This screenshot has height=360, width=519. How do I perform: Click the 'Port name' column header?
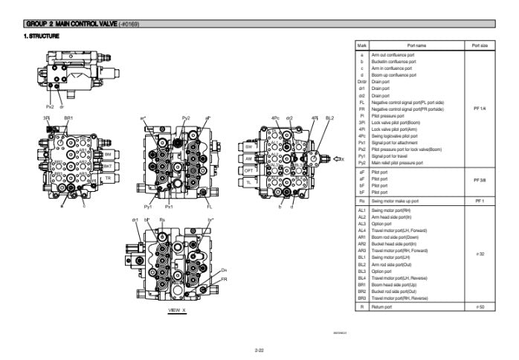pyautogui.click(x=416, y=45)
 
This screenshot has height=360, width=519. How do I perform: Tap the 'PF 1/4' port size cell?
pyautogui.click(x=480, y=109)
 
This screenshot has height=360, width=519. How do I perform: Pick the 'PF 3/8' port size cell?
pyautogui.click(x=480, y=181)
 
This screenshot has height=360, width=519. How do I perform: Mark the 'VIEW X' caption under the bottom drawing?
pyautogui.click(x=177, y=309)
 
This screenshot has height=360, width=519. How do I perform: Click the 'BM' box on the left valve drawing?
pyautogui.click(x=109, y=154)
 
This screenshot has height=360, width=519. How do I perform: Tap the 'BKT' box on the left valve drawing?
pyautogui.click(x=109, y=166)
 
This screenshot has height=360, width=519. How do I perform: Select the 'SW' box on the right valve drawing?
pyautogui.click(x=249, y=147)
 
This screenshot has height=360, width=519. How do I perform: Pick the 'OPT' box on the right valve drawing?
pyautogui.click(x=250, y=170)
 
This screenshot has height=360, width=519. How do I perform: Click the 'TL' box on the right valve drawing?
pyautogui.click(x=248, y=181)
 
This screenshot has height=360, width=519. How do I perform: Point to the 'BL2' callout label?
pyautogui.click(x=330, y=118)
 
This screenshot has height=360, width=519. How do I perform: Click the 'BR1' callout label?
pyautogui.click(x=68, y=118)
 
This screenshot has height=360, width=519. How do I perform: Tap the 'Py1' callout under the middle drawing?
pyautogui.click(x=148, y=206)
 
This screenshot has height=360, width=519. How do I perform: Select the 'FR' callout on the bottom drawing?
pyautogui.click(x=225, y=279)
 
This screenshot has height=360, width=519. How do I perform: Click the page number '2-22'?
pyautogui.click(x=259, y=349)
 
